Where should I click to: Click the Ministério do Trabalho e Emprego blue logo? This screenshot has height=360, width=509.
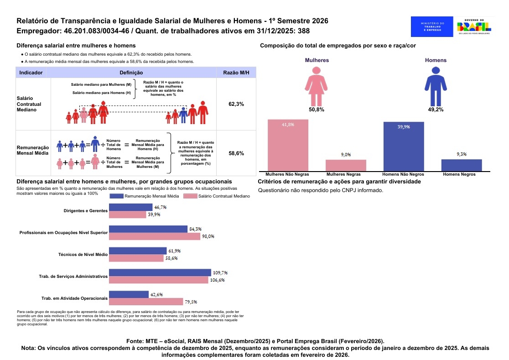tap(432, 26)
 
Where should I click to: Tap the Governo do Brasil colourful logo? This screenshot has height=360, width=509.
tap(474, 26)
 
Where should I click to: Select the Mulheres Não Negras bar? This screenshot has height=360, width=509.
tap(288, 145)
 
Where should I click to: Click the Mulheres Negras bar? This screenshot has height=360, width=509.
tap(346, 165)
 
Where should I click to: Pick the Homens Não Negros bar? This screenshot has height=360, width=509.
tap(404, 146)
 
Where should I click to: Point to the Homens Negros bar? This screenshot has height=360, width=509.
tap(462, 165)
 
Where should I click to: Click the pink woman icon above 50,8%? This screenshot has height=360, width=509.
tap(316, 86)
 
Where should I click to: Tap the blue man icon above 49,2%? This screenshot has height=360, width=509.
tap(436, 86)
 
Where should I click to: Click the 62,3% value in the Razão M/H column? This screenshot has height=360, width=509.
tap(236, 104)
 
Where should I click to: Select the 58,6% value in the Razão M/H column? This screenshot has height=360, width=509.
tap(236, 153)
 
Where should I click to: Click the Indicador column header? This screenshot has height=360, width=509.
tap(31, 73)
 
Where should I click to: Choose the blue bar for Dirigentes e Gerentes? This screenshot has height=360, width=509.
tap(130, 207)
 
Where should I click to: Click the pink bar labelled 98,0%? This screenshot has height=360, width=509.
tap(155, 236)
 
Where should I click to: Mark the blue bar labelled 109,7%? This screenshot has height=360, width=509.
tap(160, 273)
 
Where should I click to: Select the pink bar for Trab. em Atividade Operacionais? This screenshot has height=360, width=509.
tap(146, 302)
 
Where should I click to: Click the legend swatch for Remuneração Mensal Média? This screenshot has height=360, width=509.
tap(117, 196)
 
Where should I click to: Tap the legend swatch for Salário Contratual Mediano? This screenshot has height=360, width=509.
tap(190, 196)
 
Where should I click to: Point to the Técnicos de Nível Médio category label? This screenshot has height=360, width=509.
tap(83, 255)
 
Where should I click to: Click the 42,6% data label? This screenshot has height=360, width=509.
tap(156, 294)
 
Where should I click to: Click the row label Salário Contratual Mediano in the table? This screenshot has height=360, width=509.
tap(29, 104)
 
